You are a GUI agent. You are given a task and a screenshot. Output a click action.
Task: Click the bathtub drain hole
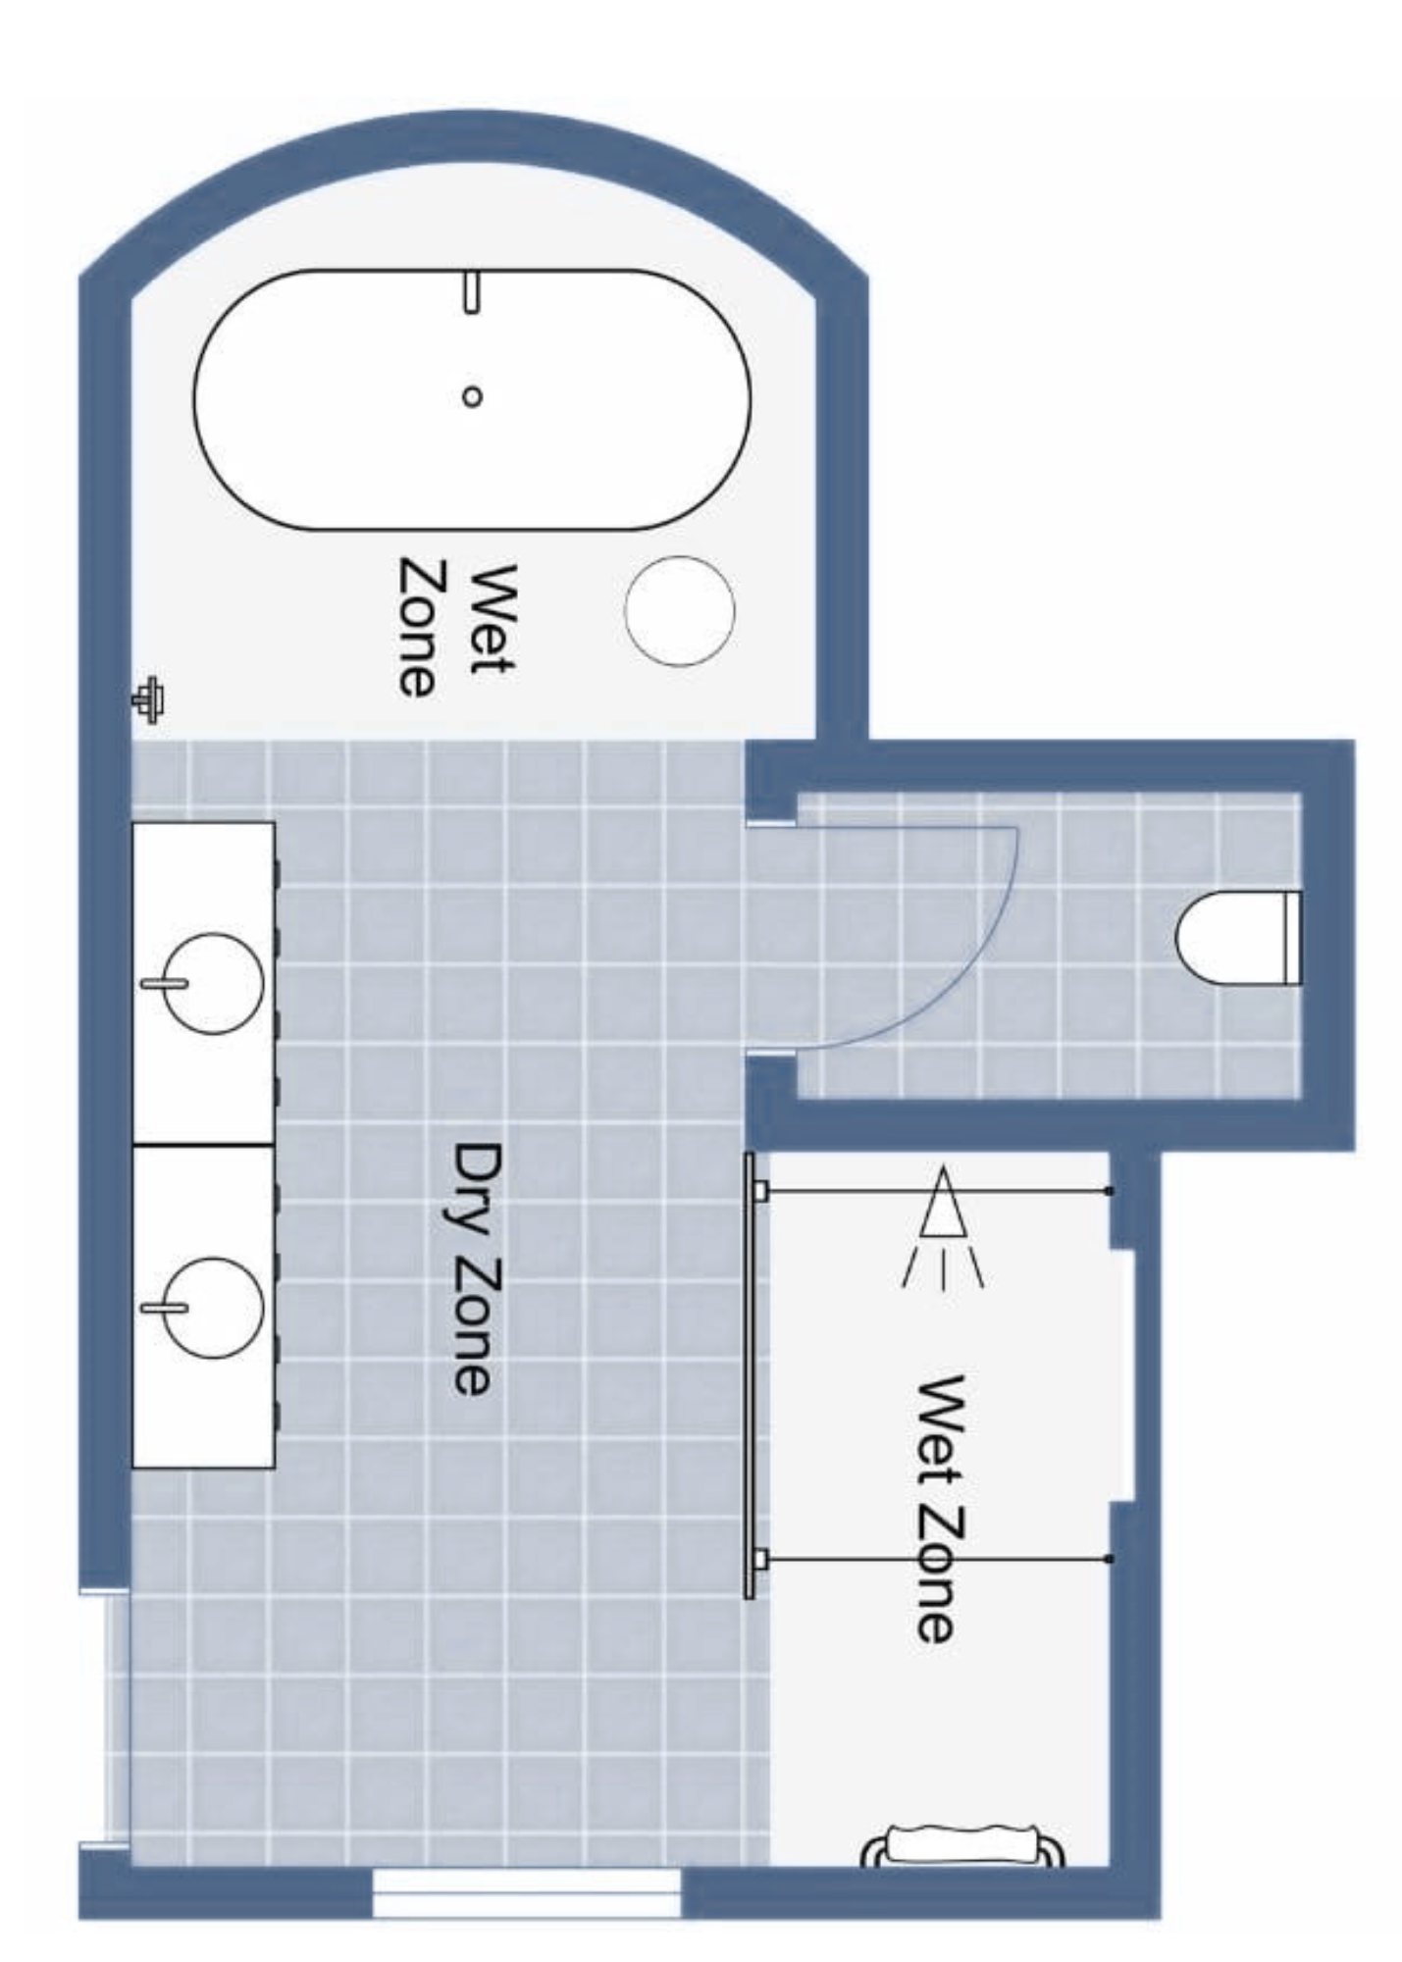(472, 396)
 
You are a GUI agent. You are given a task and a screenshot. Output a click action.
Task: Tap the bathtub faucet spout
(472, 292)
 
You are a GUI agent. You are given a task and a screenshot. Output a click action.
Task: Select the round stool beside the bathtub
(679, 610)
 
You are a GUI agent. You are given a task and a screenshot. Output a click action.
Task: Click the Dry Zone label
(478, 1267)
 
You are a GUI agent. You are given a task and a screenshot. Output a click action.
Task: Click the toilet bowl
(1226, 938)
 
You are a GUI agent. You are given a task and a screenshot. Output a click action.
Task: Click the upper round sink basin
(213, 982)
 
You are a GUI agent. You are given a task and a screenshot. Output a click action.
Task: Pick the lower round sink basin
(213, 1308)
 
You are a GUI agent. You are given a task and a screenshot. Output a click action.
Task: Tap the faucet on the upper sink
(163, 982)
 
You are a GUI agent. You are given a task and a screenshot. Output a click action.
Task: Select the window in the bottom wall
(527, 1891)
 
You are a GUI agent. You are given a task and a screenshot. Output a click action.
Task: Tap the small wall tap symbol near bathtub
(148, 700)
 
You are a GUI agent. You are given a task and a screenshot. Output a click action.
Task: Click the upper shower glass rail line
(937, 1191)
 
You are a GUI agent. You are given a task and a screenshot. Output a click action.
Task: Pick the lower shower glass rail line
(937, 1558)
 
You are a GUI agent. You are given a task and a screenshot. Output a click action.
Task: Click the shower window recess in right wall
(1121, 1374)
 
